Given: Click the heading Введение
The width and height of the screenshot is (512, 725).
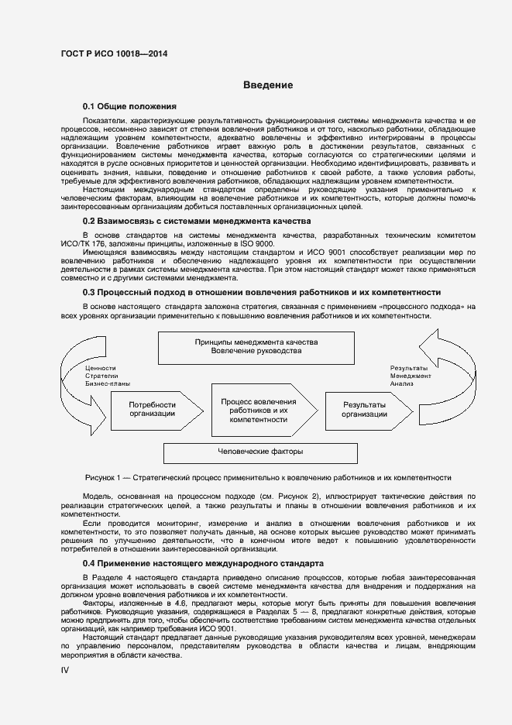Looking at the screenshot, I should (267, 85).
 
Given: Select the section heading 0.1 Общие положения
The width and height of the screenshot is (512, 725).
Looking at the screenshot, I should (130, 106).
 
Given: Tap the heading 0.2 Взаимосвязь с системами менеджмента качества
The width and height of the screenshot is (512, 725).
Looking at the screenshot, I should (198, 221).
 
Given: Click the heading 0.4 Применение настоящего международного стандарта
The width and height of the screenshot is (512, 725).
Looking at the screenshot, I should (204, 562).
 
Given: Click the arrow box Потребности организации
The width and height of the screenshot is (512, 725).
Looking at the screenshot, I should (153, 409).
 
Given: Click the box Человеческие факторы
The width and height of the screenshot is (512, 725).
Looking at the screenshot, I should (260, 452).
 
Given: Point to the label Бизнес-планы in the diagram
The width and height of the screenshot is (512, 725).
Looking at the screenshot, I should (108, 383).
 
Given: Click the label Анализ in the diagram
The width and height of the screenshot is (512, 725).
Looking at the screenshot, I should (402, 383).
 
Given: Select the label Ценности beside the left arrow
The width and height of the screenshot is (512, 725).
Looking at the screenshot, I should (101, 368).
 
